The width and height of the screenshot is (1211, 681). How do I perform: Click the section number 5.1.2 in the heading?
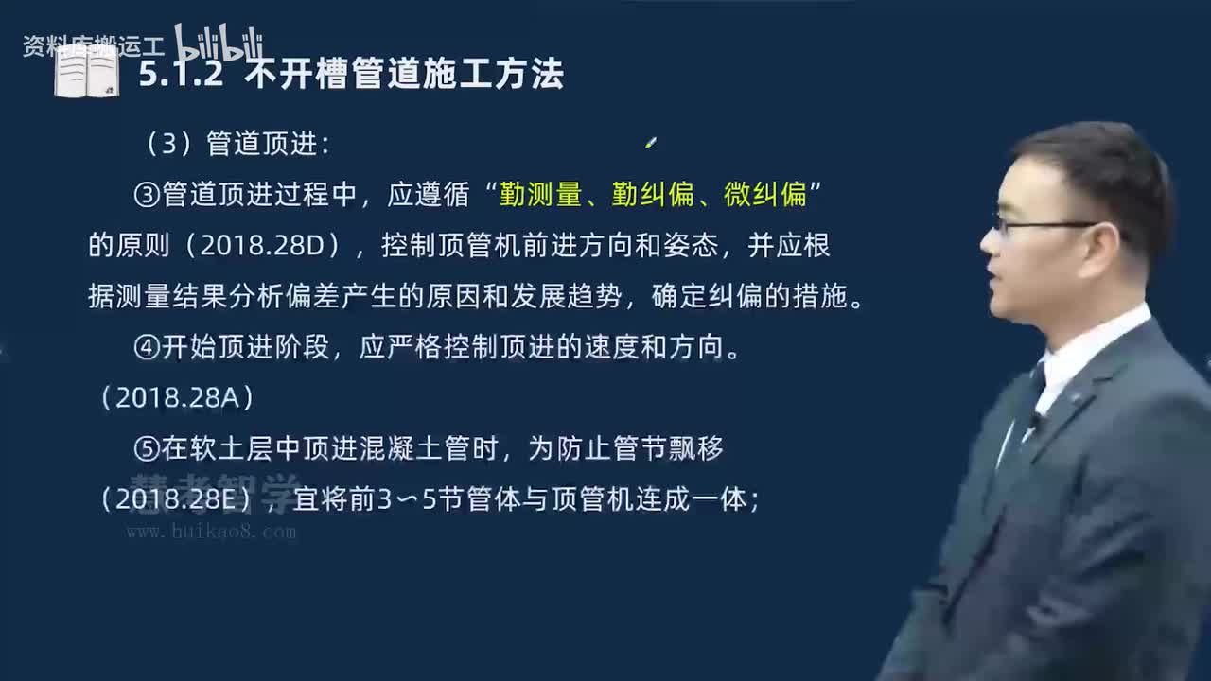coord(181,75)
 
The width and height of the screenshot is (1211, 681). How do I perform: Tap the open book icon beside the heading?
coord(86,72)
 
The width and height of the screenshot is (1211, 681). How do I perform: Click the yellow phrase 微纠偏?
coord(765,195)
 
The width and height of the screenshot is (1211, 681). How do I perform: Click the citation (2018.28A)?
coord(177,398)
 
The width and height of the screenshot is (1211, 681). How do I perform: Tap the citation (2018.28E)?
coord(176,499)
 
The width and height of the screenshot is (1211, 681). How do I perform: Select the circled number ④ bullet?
coord(147,348)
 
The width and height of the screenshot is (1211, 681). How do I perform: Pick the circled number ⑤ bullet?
coord(147,449)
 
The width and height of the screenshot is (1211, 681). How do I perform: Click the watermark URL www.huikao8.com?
coord(211,533)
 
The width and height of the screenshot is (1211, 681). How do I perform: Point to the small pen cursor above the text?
coord(650,143)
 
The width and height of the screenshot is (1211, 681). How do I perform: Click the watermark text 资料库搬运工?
coord(93,46)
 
